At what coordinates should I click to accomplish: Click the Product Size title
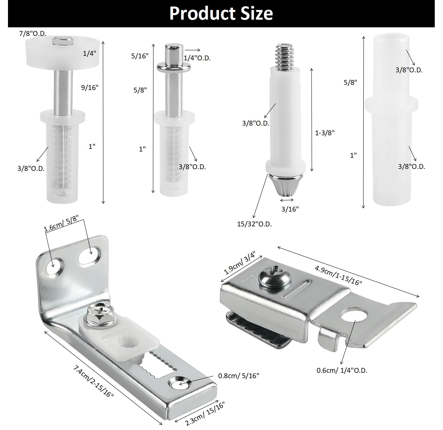221,13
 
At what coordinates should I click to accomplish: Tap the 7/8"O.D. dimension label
32,34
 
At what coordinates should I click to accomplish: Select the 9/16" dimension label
90,87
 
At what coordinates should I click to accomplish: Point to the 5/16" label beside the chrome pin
140,56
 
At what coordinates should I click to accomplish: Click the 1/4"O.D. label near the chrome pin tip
197,58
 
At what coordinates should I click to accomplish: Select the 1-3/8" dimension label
325,133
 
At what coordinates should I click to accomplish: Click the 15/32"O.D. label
254,224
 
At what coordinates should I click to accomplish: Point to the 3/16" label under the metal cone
290,209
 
